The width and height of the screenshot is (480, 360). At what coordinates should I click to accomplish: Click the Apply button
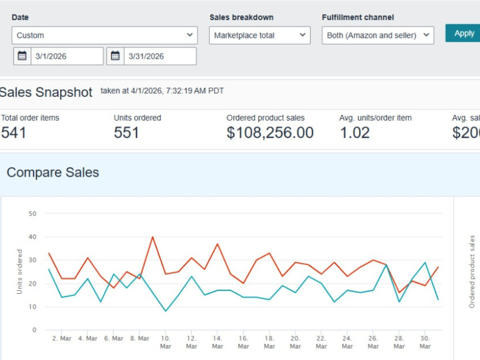(463, 33)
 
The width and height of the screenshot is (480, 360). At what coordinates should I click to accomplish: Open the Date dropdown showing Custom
(105, 35)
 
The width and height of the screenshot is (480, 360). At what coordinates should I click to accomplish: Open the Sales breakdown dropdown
(260, 35)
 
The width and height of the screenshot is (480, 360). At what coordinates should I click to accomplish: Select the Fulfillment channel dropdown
(378, 35)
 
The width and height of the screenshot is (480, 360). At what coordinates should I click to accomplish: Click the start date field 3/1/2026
(67, 56)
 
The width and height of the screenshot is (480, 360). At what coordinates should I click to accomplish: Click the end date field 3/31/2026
(160, 56)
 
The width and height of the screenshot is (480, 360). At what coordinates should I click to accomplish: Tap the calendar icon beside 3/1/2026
(22, 56)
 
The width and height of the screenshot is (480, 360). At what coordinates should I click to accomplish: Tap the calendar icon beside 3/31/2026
(115, 56)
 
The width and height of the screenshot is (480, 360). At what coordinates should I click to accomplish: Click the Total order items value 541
(13, 133)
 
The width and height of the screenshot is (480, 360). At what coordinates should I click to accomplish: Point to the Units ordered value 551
(126, 133)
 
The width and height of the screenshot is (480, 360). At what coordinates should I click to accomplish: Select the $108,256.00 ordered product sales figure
(270, 133)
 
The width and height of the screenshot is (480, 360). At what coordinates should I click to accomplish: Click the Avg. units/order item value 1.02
(355, 133)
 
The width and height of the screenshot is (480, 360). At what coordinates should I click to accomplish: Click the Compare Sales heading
(53, 172)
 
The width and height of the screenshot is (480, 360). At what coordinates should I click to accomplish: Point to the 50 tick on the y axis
(33, 214)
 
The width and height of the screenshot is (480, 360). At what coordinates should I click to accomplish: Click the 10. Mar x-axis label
(166, 342)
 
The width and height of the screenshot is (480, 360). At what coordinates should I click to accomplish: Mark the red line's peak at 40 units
(153, 237)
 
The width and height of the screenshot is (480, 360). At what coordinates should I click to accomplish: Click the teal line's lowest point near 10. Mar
(166, 311)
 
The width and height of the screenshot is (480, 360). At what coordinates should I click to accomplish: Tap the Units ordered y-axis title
(19, 272)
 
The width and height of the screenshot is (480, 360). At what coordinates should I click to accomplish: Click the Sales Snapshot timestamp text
(162, 91)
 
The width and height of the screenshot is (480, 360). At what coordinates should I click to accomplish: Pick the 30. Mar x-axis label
(425, 342)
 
